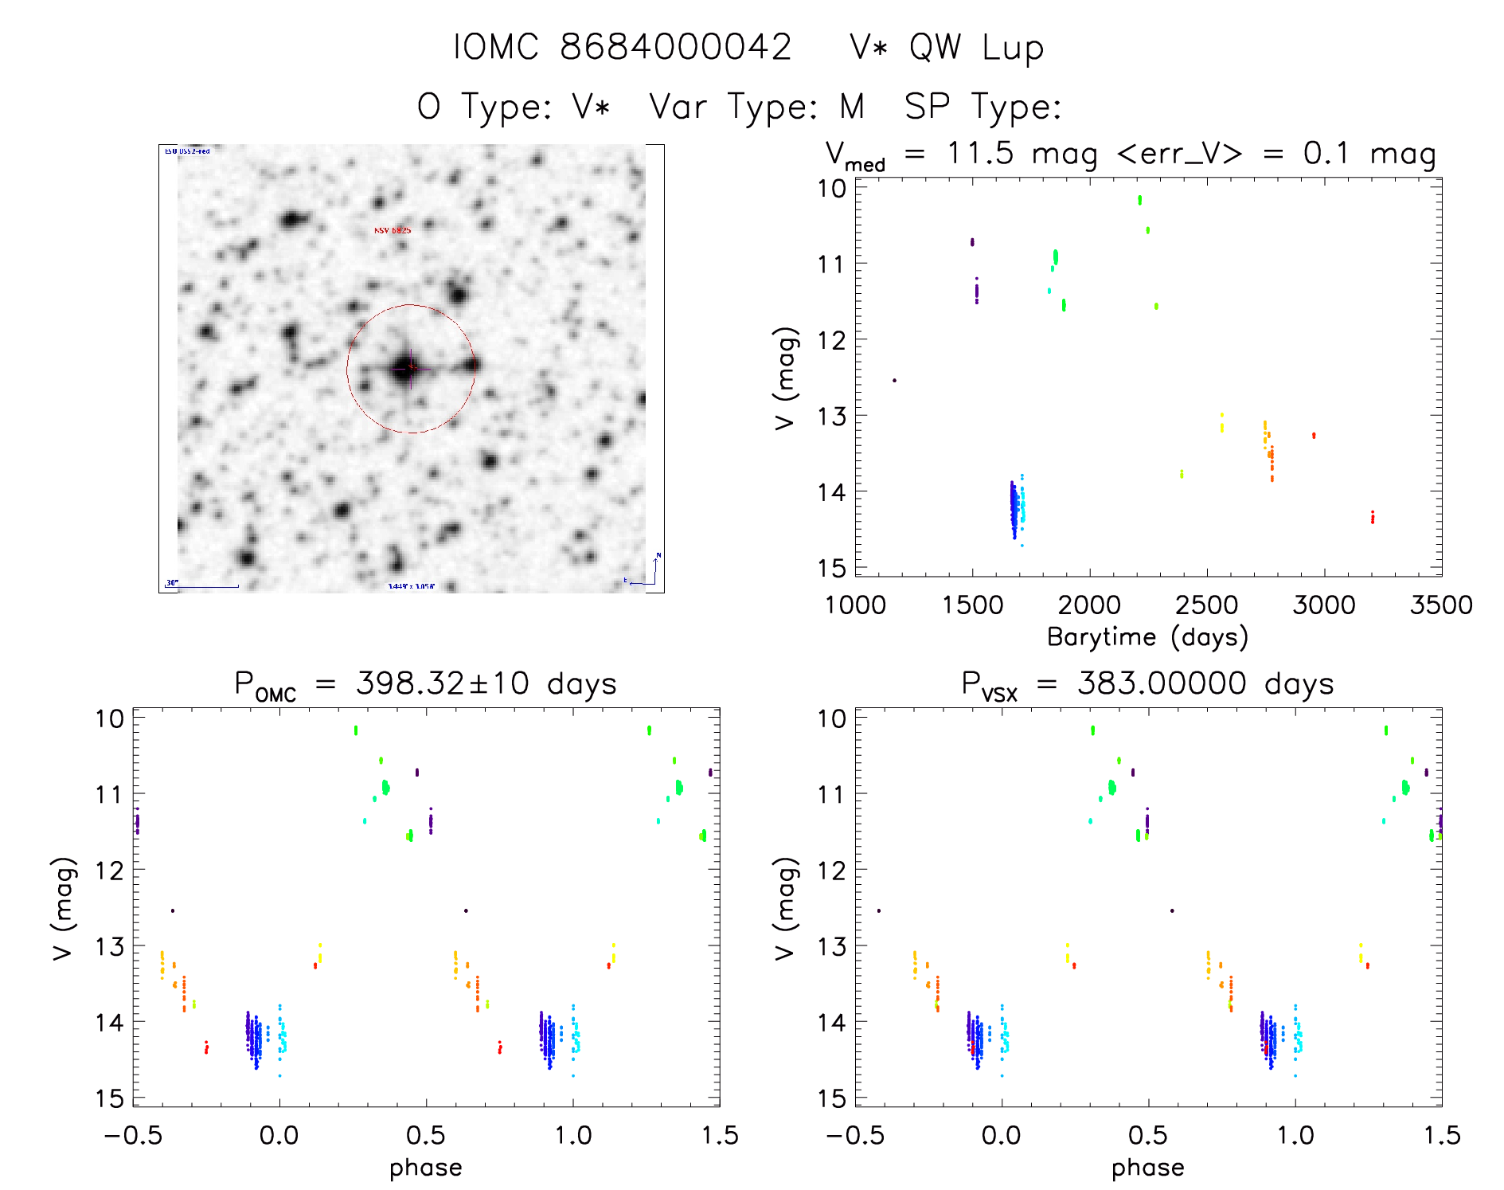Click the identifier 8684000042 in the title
[x=676, y=47]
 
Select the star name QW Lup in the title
[x=976, y=48]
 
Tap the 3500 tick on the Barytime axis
[x=1441, y=605]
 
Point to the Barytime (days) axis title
[x=1147, y=637]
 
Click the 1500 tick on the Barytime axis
[x=972, y=605]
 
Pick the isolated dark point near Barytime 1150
[x=894, y=380]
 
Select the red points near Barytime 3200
[x=1373, y=517]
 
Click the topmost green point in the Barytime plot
[x=1139, y=199]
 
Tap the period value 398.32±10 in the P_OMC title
[x=443, y=683]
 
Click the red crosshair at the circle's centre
[x=411, y=368]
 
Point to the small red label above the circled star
[x=393, y=230]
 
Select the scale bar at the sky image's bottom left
[x=202, y=586]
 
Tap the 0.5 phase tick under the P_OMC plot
[x=426, y=1135]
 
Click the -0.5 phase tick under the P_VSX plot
[x=854, y=1135]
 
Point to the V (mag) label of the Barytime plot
[x=785, y=378]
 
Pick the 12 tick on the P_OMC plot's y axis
[x=109, y=870]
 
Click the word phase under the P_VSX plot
[x=1147, y=1168]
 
